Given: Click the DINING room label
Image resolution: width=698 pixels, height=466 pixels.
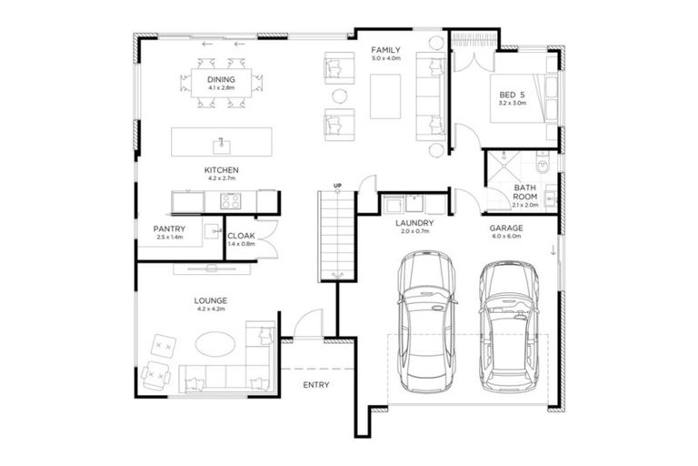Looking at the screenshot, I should click(x=221, y=80).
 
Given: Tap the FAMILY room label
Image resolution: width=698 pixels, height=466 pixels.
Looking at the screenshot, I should click(x=385, y=50).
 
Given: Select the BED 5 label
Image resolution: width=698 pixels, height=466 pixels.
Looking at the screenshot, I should click(x=512, y=95).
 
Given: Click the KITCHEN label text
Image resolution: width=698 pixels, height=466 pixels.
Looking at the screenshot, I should click(x=221, y=170).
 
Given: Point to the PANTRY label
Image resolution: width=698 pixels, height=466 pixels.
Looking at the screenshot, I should click(x=170, y=228).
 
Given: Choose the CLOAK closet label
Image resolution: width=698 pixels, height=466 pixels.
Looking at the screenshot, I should click(x=240, y=237).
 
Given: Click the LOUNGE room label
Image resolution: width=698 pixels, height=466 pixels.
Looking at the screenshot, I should click(x=210, y=299).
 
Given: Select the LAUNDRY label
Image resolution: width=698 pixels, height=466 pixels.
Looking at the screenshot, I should click(x=414, y=222).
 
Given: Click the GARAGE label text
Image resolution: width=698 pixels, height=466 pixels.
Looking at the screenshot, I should click(x=505, y=229).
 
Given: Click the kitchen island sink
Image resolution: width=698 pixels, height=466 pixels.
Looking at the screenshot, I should click(x=219, y=143).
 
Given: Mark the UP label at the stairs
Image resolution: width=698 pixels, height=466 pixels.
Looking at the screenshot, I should click(x=337, y=187).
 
